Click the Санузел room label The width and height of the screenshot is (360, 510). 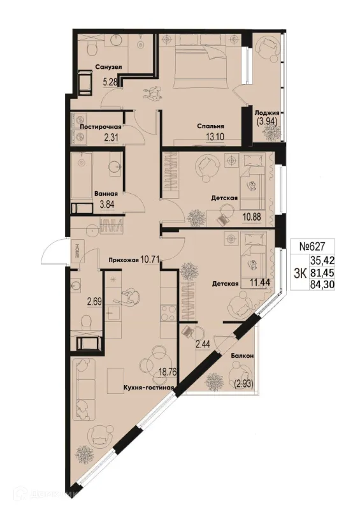click(x=108, y=67)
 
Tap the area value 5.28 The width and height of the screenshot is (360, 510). click(x=110, y=82)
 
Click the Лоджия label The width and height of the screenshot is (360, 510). click(x=267, y=113)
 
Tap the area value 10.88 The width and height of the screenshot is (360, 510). click(x=253, y=217)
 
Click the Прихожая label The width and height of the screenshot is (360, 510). click(x=124, y=259)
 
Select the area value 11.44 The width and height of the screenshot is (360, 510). click(x=260, y=282)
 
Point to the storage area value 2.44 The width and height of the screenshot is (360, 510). click(x=203, y=343)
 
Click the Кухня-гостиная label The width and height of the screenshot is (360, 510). click(x=148, y=388)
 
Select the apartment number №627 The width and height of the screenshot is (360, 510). click(x=312, y=246)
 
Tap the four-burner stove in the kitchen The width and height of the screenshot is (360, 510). click(x=168, y=312)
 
